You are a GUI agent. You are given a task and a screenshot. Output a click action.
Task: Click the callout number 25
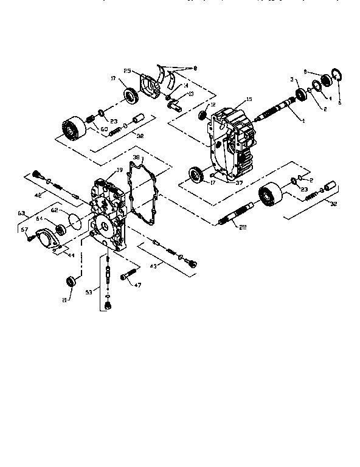[x=128, y=71]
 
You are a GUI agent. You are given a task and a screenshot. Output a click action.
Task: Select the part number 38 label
[x=136, y=157]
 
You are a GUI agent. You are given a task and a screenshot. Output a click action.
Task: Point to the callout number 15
[x=249, y=99]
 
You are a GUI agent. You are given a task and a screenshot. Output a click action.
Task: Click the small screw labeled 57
[x=30, y=239]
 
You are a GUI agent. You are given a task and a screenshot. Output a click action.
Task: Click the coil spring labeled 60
[x=93, y=119]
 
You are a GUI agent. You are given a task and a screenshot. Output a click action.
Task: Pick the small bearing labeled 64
[x=61, y=229]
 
